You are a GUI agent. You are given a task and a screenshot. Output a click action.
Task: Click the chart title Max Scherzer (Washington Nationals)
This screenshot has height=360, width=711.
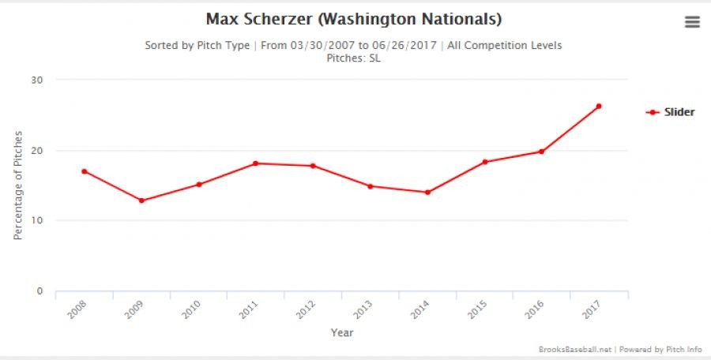[x=353, y=18]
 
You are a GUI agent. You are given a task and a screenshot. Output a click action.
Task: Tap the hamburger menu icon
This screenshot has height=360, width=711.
[x=692, y=22]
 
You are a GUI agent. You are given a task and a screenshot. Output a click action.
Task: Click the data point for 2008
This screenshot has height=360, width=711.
[x=84, y=171]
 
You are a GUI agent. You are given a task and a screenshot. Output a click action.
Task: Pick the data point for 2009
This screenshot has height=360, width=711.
[x=141, y=201]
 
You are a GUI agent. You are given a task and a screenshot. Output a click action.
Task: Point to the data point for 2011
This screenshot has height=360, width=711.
[x=256, y=163]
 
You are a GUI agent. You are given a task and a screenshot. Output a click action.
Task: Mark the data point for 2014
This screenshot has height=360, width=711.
[x=427, y=192]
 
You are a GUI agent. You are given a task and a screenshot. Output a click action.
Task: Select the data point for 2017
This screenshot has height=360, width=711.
[x=599, y=106]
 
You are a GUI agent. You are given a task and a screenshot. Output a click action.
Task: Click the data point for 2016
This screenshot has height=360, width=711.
[x=541, y=152]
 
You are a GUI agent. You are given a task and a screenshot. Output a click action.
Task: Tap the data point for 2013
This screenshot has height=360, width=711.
[x=370, y=186]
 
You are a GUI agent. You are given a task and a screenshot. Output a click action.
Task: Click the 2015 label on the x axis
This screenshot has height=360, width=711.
[x=477, y=309]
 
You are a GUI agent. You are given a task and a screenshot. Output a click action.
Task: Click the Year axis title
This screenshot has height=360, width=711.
[x=341, y=332]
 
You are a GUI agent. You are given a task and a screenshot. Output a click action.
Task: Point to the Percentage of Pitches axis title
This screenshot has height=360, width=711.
[x=17, y=185]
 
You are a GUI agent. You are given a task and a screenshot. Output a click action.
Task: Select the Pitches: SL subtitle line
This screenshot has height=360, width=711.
[x=353, y=58]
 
